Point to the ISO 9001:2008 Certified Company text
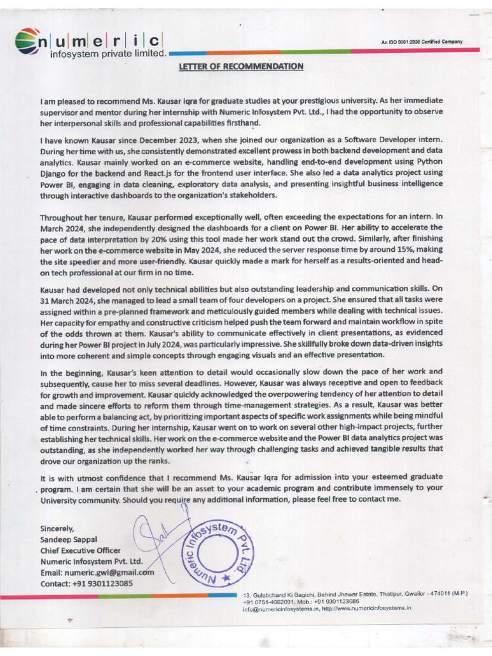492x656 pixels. click(x=422, y=42)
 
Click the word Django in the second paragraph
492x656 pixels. click(x=56, y=173)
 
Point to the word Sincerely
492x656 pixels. click(x=57, y=529)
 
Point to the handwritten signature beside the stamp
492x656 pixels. click(x=151, y=541)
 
